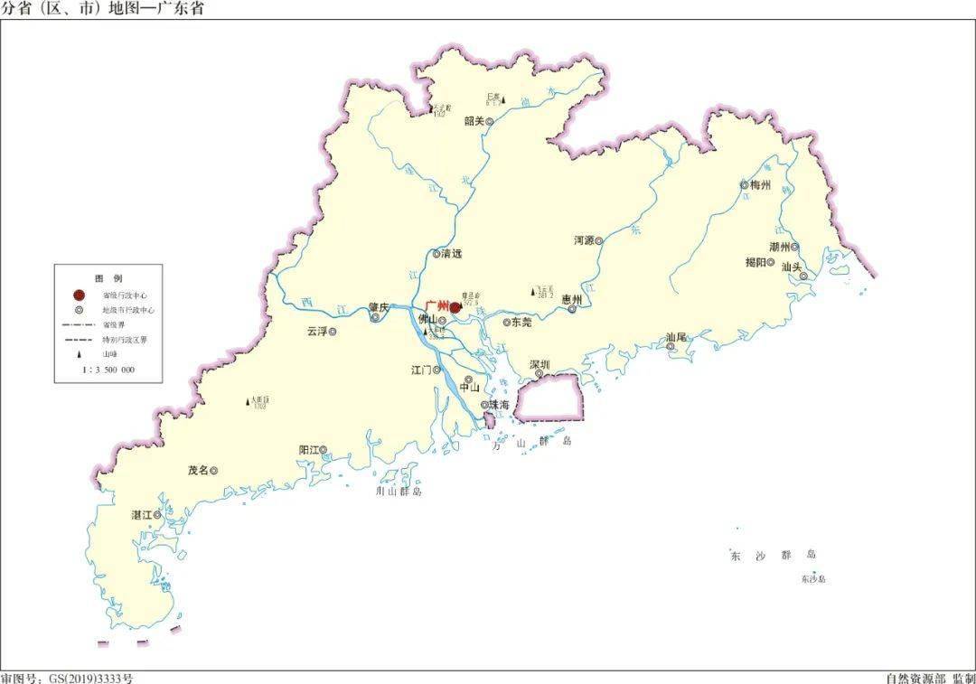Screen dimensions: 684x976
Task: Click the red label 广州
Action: (x=436, y=306)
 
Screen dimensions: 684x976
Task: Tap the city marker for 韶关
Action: (x=490, y=121)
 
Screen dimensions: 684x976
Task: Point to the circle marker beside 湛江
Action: (x=157, y=514)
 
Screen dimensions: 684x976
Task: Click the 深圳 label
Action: (x=540, y=364)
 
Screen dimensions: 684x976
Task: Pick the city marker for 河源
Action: (x=598, y=240)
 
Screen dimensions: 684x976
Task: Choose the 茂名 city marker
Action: (x=214, y=470)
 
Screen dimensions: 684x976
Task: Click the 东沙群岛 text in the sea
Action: (x=773, y=555)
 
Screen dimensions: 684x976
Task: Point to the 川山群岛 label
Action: (x=399, y=492)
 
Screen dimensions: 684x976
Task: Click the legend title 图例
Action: (x=108, y=277)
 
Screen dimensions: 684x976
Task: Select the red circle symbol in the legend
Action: (x=79, y=295)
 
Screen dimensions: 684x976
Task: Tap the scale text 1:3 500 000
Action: (x=108, y=370)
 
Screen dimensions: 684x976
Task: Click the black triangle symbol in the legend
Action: (x=79, y=355)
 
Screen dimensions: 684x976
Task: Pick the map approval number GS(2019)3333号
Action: (x=67, y=678)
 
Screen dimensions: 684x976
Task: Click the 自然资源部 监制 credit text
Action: (x=931, y=678)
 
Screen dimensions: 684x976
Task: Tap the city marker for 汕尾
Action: (x=671, y=346)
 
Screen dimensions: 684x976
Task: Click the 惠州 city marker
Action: (x=572, y=309)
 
